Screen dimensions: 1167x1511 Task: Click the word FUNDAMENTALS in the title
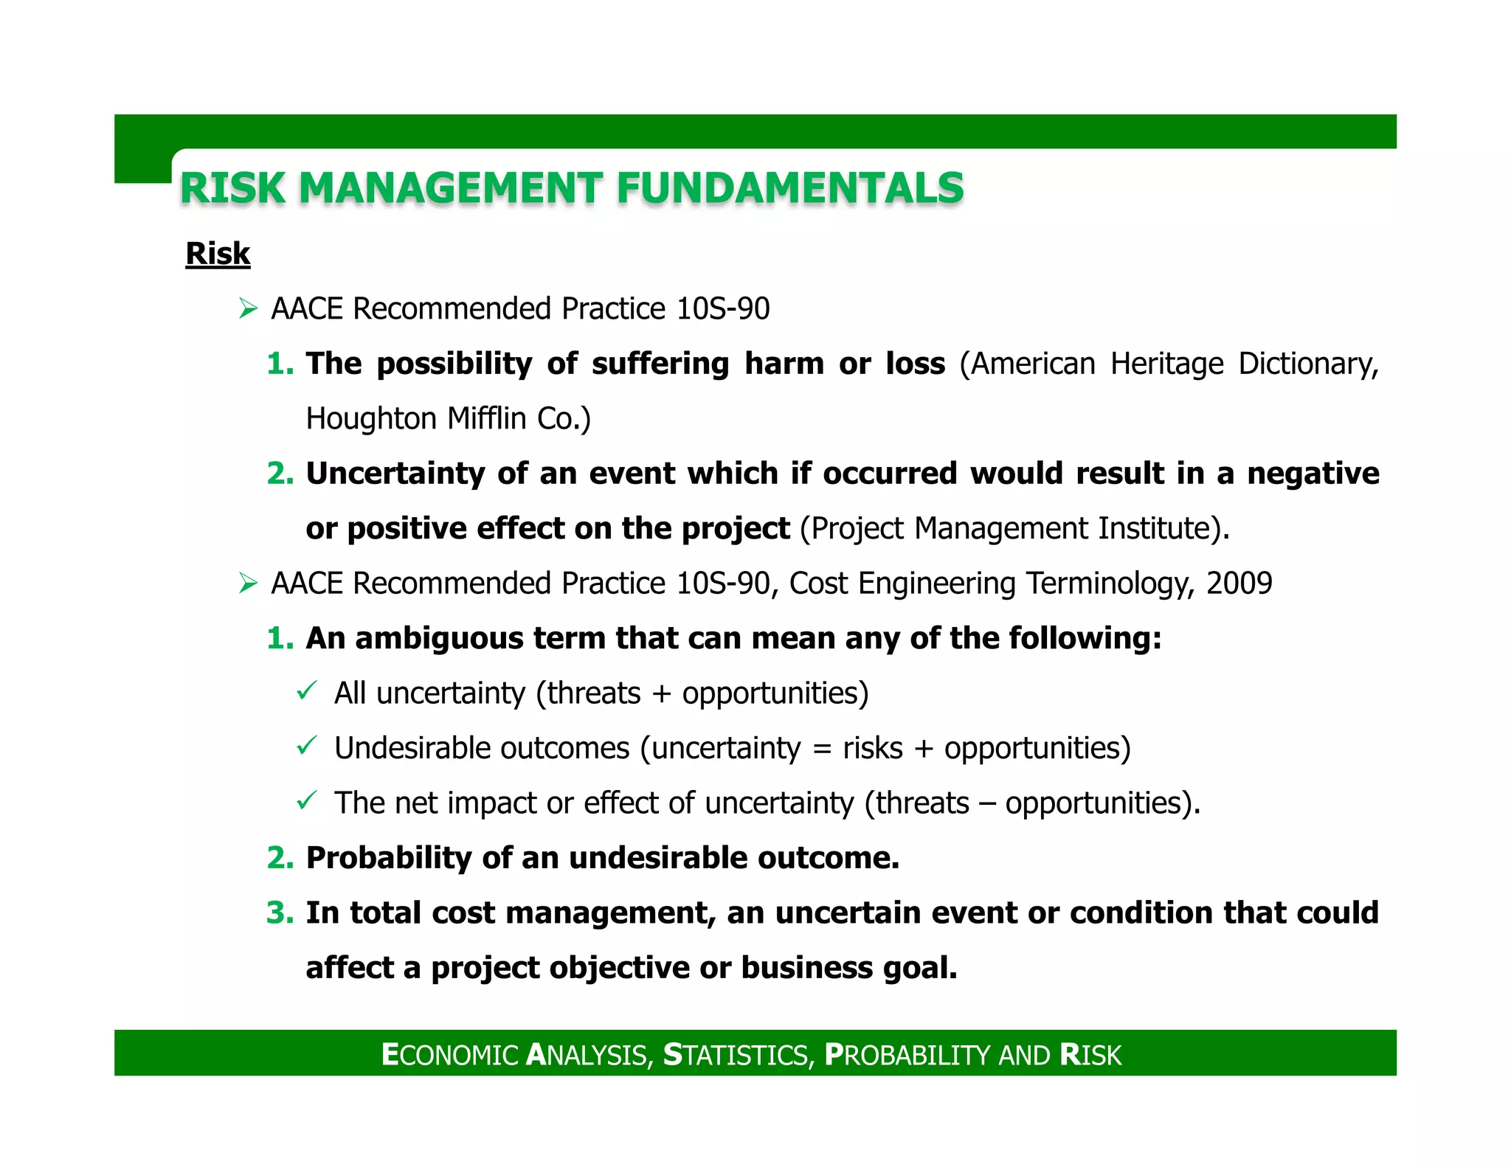click(x=789, y=187)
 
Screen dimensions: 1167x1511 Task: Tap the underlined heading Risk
click(x=218, y=254)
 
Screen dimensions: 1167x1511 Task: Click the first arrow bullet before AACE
click(x=248, y=308)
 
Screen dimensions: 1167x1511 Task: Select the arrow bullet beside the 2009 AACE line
click(x=248, y=583)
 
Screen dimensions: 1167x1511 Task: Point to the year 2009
click(x=1239, y=583)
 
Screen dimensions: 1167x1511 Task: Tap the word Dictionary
click(x=1308, y=364)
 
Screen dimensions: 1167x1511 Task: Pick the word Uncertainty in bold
click(x=395, y=474)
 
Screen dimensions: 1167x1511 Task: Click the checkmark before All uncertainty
click(x=306, y=692)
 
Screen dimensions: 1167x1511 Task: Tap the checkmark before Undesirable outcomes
click(x=306, y=747)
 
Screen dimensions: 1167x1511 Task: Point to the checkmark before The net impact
click(x=306, y=801)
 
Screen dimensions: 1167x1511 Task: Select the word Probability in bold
click(x=388, y=858)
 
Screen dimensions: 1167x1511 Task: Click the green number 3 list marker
click(x=280, y=913)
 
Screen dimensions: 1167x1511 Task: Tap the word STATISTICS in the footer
click(x=738, y=1055)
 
